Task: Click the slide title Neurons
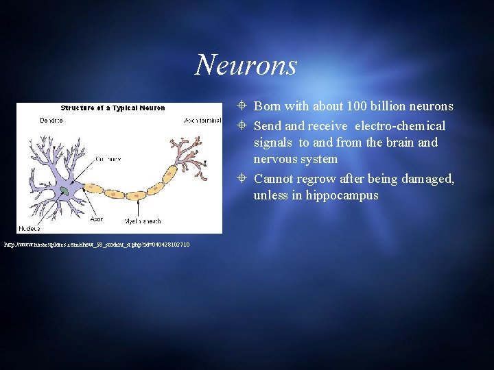[246, 65]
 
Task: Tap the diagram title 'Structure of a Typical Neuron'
[113, 108]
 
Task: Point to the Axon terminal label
[203, 121]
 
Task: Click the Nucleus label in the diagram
[29, 228]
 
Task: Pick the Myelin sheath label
[142, 221]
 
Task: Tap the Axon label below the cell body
[97, 220]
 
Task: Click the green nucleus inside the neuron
[64, 190]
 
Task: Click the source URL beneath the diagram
[97, 245]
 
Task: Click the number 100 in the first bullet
[356, 106]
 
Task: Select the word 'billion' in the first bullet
[390, 106]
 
